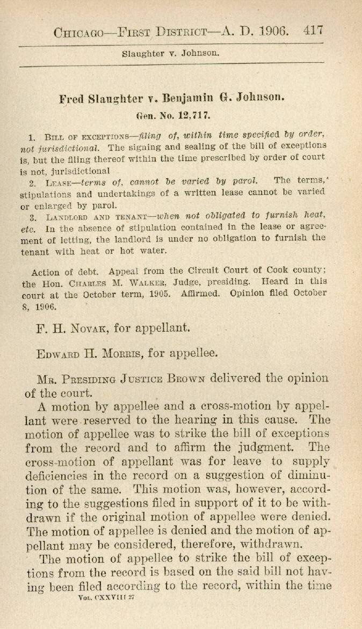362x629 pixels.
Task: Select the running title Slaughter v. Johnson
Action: [x=170, y=54]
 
